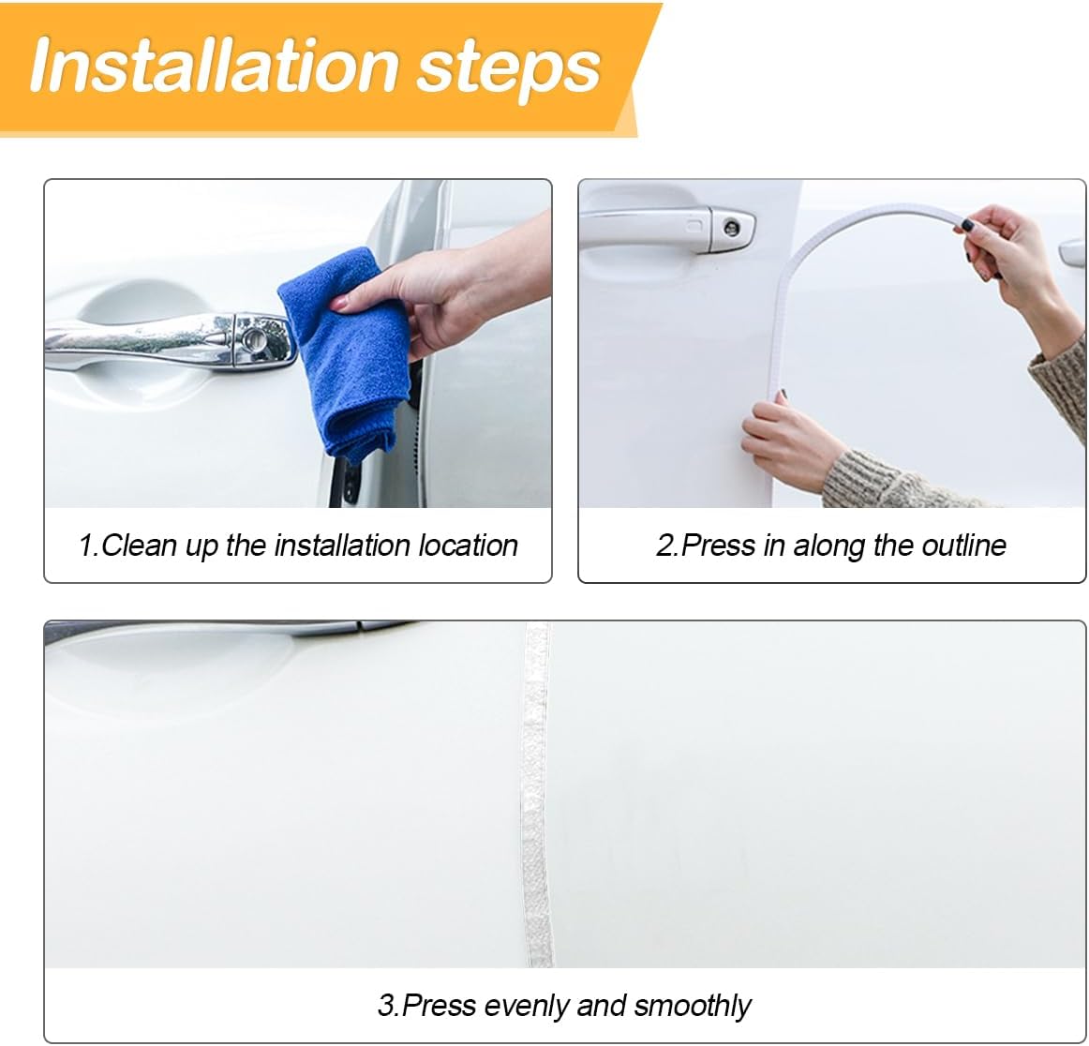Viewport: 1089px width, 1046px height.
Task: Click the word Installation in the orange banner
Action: [214, 65]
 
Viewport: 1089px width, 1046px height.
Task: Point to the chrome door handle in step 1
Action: [171, 340]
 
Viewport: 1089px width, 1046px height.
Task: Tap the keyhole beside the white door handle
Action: [731, 227]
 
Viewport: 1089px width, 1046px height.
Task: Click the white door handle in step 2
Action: [665, 227]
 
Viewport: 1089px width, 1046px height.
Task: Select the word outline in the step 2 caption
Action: [964, 545]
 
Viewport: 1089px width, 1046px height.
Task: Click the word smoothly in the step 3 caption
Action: [693, 1006]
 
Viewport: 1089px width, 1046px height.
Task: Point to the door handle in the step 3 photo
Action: [230, 628]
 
